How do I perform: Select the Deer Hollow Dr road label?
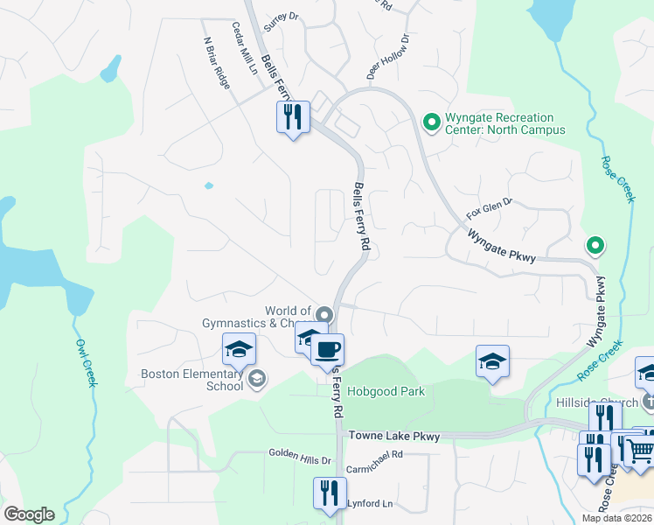point(388,58)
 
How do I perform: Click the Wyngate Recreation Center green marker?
point(430,123)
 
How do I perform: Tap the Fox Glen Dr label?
point(488,207)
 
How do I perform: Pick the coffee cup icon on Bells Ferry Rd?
point(327,350)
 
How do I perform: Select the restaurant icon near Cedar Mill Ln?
point(293,115)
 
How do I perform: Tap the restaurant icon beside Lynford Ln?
point(330,491)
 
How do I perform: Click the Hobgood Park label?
point(386,391)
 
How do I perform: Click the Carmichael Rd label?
point(373,455)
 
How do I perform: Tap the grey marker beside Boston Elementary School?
point(258,379)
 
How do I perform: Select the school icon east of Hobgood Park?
point(492,360)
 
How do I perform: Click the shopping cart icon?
point(642,449)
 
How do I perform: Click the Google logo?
point(29,514)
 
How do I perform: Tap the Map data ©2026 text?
point(616,518)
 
